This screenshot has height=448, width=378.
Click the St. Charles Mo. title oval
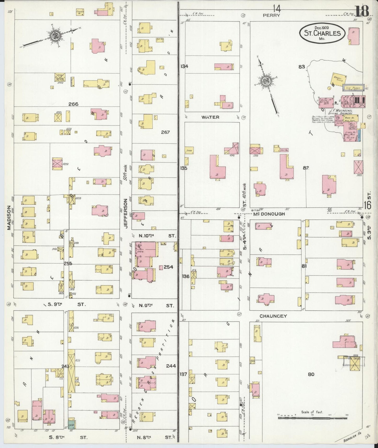click(x=322, y=33)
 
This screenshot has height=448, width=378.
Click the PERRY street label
click(x=271, y=15)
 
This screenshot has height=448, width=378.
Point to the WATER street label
click(x=210, y=117)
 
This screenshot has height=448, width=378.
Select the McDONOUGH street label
click(x=272, y=214)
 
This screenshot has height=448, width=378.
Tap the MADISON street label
click(x=9, y=218)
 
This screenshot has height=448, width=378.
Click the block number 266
click(x=73, y=104)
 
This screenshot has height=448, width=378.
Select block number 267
click(x=165, y=132)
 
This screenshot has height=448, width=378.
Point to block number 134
click(x=184, y=66)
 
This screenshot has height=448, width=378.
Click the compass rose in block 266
click(x=56, y=35)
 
